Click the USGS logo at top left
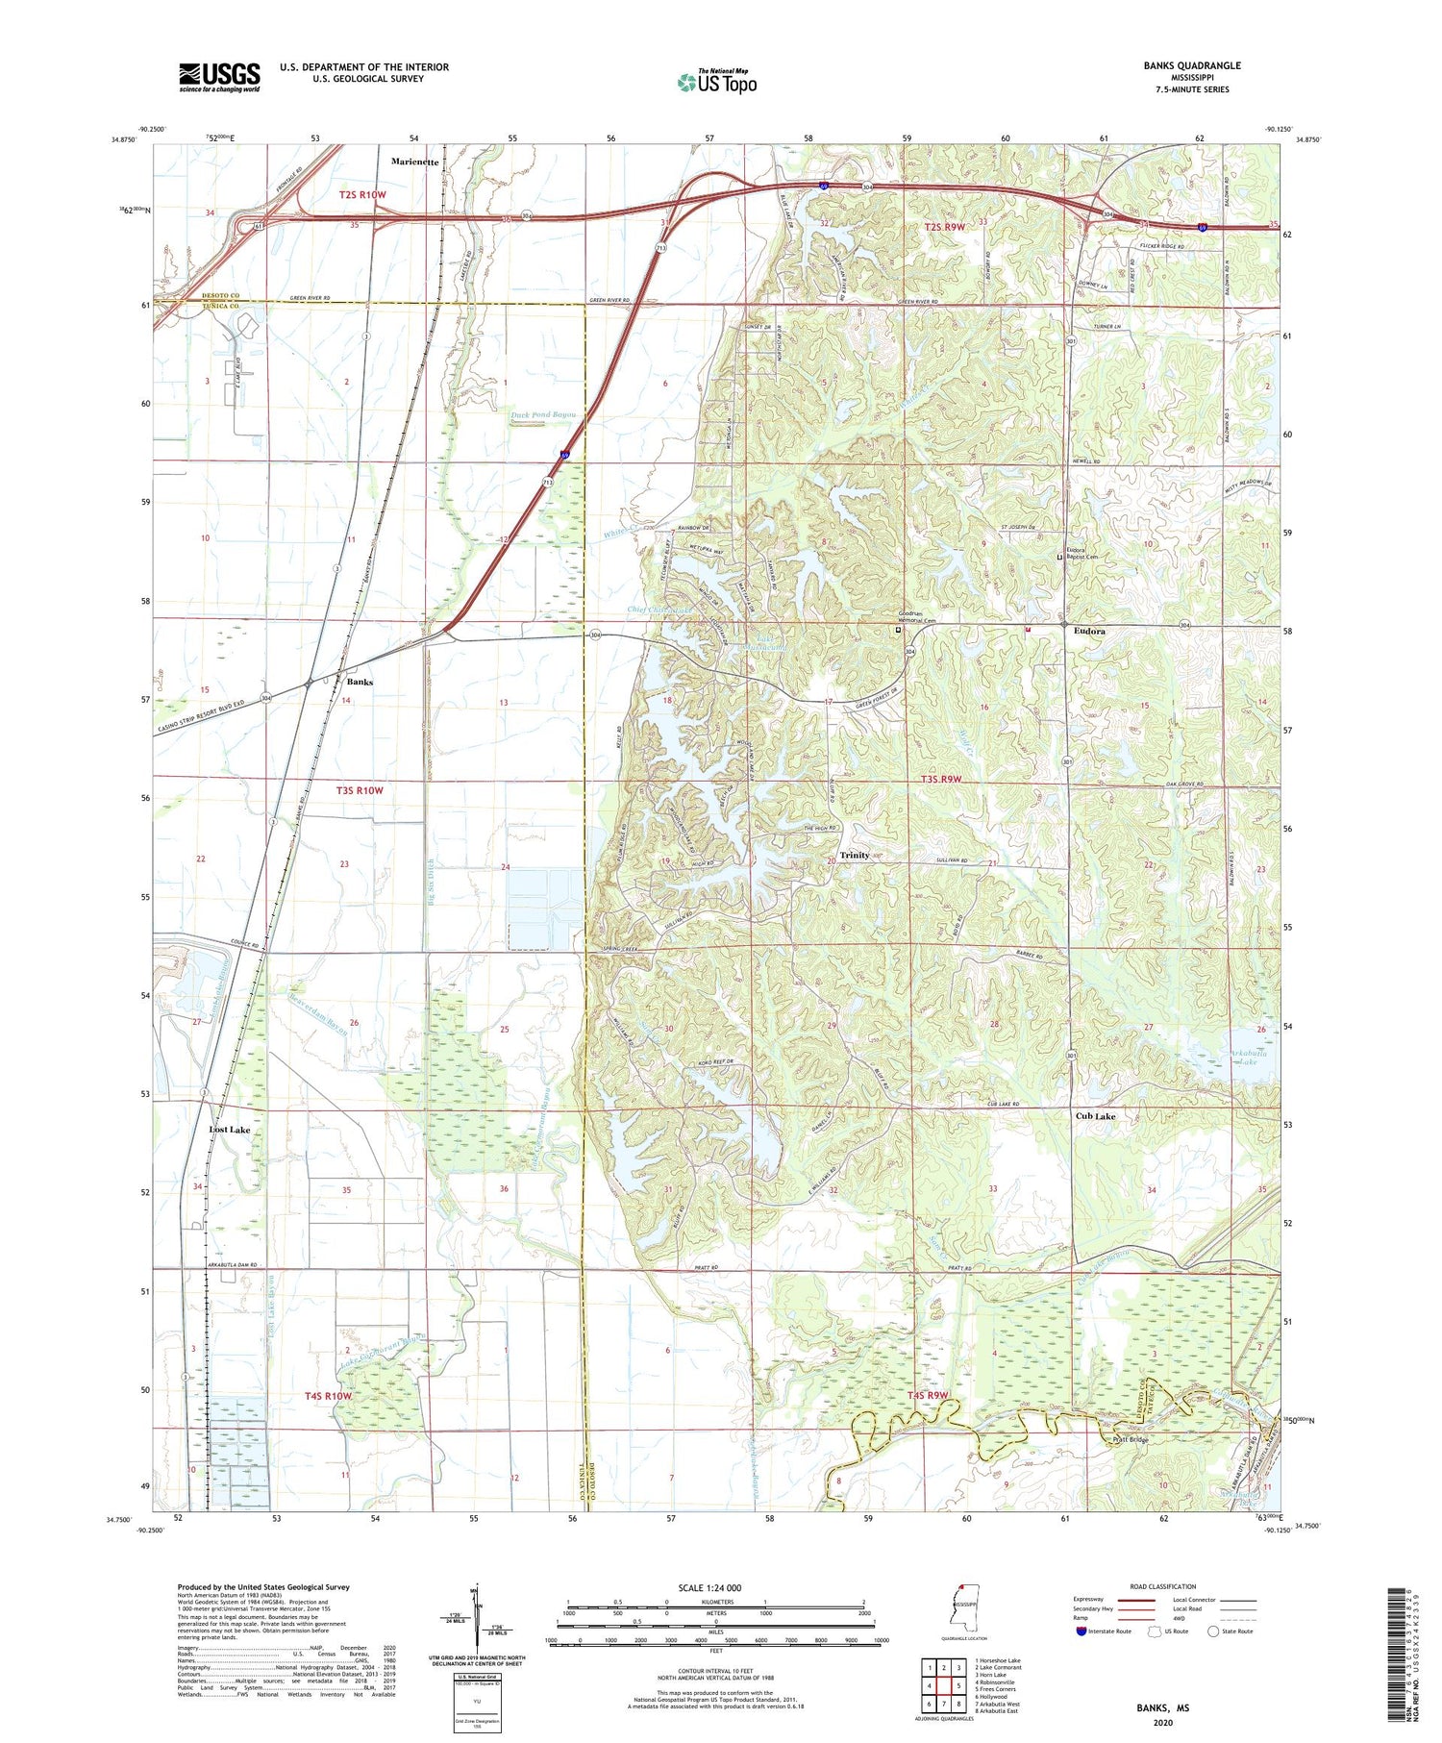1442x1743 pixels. click(219, 77)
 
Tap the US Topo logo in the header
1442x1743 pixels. click(717, 83)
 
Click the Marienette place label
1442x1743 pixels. click(415, 162)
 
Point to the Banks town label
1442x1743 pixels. click(360, 682)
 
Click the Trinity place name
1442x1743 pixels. click(855, 855)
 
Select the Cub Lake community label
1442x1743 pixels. click(1095, 1116)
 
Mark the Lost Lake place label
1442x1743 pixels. click(230, 1130)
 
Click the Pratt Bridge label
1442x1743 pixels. click(1131, 1440)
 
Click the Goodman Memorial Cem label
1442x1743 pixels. click(917, 621)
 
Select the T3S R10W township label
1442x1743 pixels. click(360, 790)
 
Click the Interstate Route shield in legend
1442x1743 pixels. click(1081, 1631)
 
